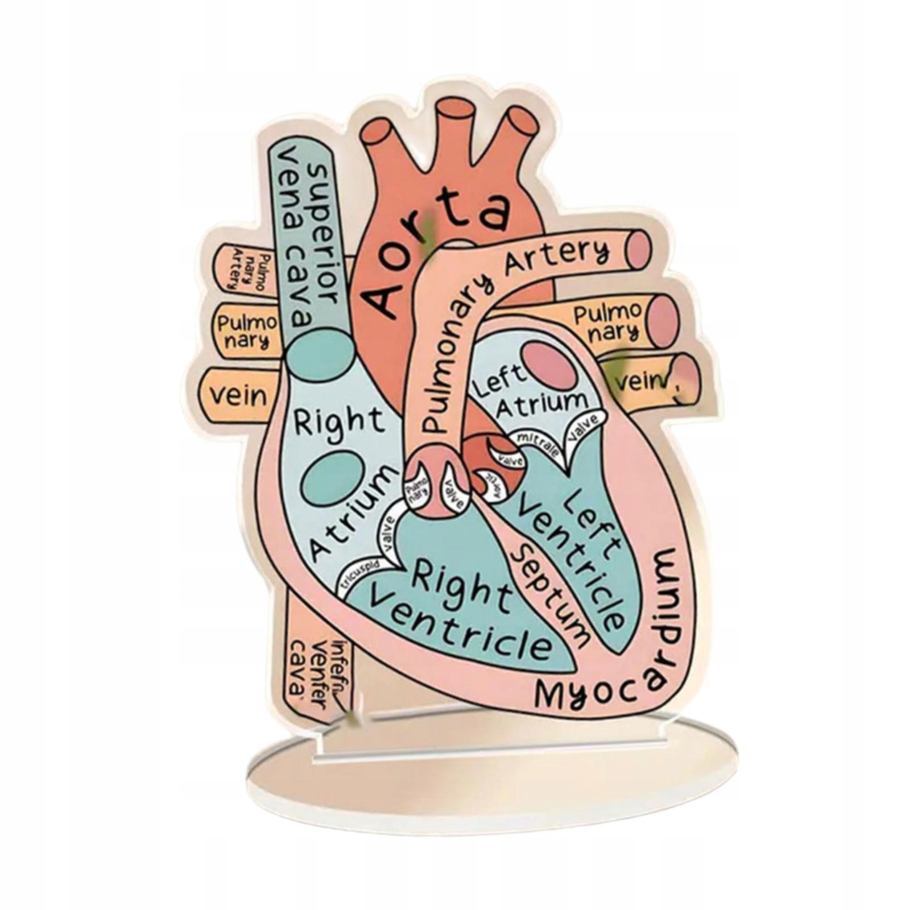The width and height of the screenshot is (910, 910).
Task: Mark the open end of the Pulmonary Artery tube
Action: click(638, 250)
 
